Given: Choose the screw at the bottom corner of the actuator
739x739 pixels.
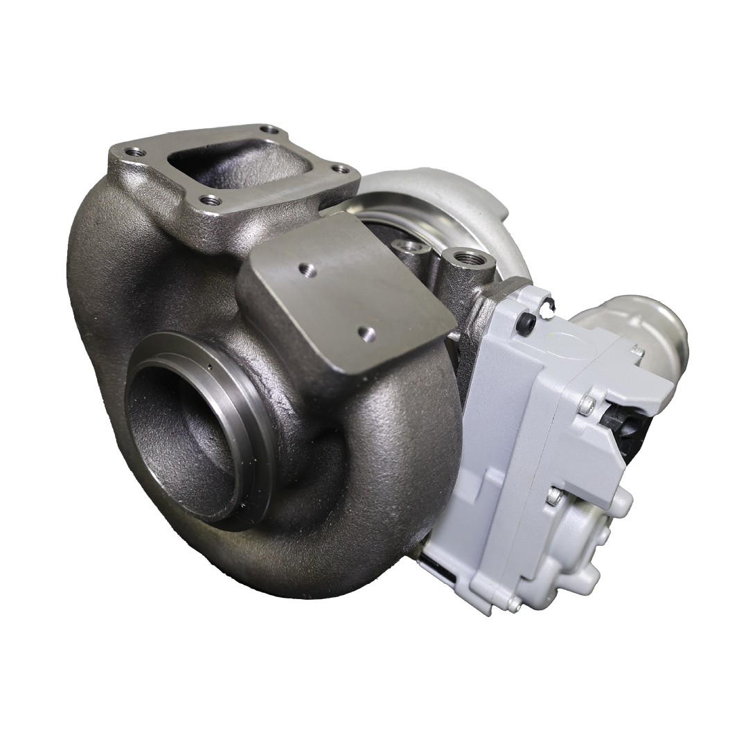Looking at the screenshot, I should [x=514, y=604].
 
